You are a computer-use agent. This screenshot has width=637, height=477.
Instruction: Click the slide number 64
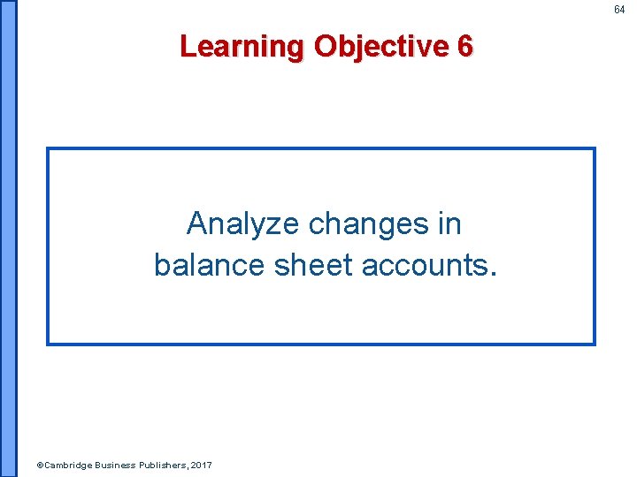(619, 10)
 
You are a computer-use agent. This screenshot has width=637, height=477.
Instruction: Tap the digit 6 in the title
(465, 45)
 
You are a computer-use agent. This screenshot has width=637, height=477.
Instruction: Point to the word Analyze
(242, 224)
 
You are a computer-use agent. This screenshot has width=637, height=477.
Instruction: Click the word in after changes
(449, 224)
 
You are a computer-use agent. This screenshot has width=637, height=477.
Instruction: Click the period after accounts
(494, 272)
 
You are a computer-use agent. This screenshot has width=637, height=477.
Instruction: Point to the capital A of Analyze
(197, 224)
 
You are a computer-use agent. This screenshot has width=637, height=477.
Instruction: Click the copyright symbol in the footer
(38, 465)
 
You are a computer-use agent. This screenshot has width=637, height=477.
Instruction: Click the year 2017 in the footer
(200, 465)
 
